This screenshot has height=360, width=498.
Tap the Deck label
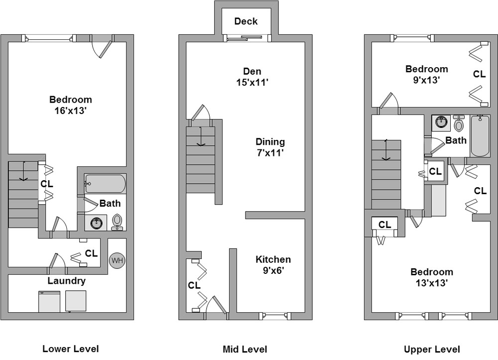(x=246, y=21)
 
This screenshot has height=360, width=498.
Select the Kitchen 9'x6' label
(x=273, y=265)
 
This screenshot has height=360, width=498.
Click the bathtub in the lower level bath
(x=105, y=184)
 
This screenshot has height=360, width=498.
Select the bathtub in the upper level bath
(x=480, y=136)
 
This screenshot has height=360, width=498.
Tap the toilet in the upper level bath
(x=459, y=123)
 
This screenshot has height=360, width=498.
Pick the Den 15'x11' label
(x=255, y=77)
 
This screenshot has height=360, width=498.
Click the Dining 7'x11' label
(x=270, y=147)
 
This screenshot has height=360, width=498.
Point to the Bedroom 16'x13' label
(x=70, y=105)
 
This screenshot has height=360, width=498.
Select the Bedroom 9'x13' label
(x=426, y=74)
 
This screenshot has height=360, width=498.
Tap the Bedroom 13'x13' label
(x=432, y=277)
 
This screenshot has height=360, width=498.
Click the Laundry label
(x=66, y=281)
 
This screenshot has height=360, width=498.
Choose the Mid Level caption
(x=245, y=349)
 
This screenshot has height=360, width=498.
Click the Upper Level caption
(x=432, y=349)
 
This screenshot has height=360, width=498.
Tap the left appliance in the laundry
(x=49, y=301)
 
